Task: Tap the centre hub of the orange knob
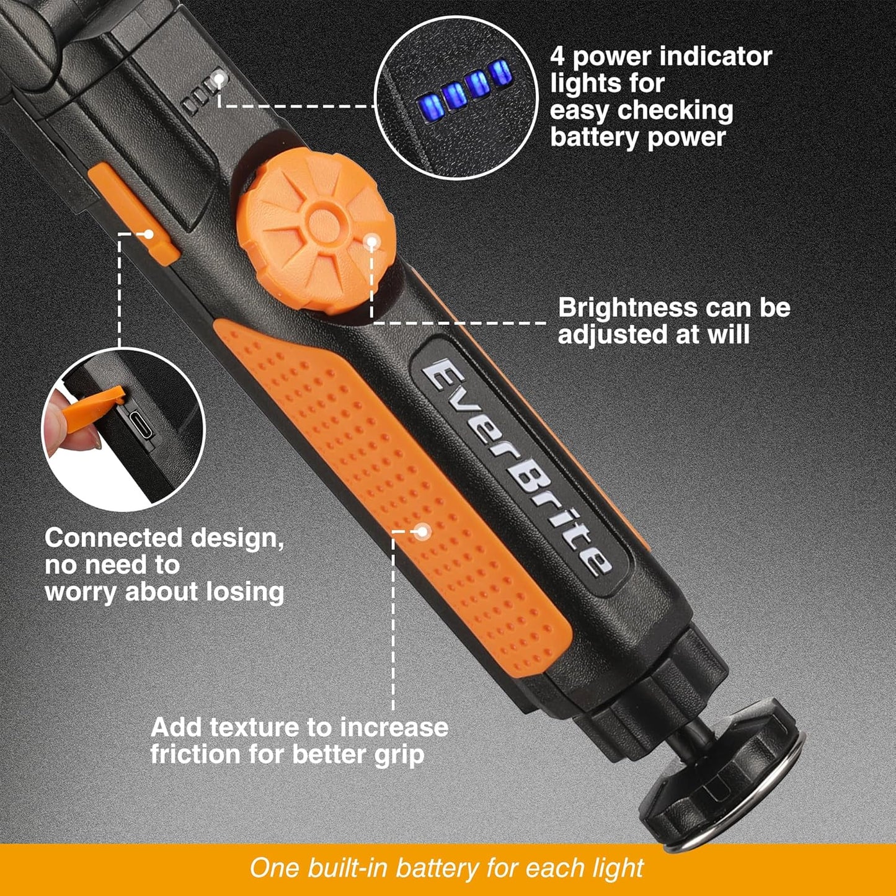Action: [x=321, y=222]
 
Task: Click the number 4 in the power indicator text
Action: [x=557, y=57]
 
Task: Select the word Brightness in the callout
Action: [x=628, y=308]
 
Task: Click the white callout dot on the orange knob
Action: [x=371, y=242]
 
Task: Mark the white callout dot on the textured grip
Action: [x=422, y=531]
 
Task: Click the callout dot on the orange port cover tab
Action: [x=148, y=234]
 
